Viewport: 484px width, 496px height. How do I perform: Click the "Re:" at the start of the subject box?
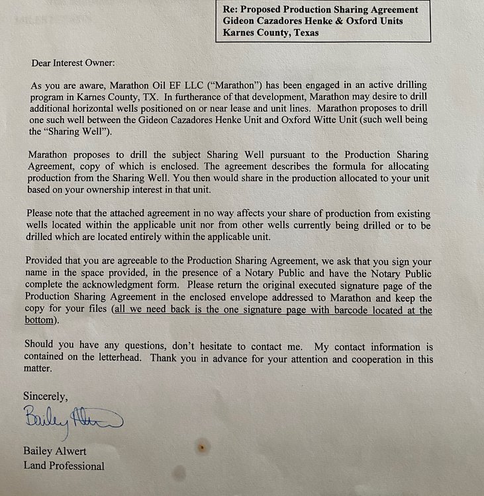[232, 10]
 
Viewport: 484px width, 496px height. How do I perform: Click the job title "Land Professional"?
[64, 465]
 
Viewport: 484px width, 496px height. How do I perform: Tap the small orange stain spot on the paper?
[202, 448]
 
